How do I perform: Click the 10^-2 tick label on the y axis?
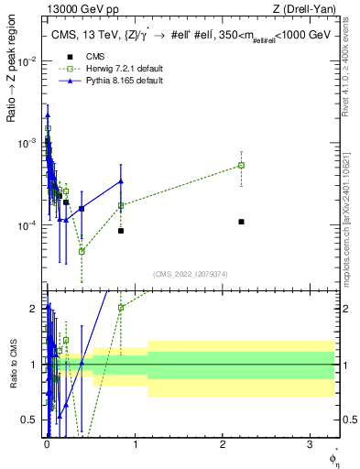[28, 60]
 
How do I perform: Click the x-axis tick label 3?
[308, 445]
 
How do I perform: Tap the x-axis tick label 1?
[134, 445]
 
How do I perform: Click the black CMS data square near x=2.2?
[241, 222]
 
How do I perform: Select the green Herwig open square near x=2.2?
[241, 165]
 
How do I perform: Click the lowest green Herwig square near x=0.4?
[82, 251]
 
